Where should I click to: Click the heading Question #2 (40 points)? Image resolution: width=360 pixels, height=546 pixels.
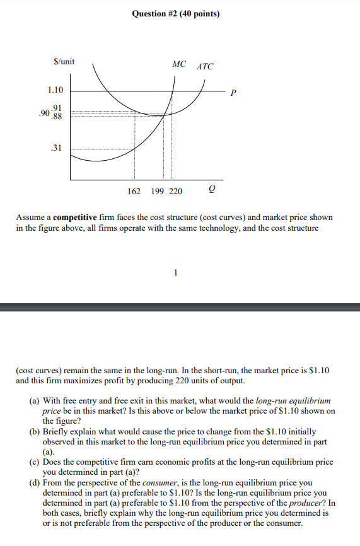[176, 13]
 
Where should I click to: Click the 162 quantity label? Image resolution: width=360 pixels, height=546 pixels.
[134, 192]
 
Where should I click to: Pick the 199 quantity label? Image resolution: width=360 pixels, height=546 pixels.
[158, 192]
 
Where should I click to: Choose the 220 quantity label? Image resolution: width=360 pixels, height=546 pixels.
[175, 192]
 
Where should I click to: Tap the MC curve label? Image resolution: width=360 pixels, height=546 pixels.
[179, 64]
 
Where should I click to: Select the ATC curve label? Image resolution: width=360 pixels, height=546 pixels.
[206, 66]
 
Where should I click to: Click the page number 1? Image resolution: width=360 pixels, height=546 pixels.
[176, 272]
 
